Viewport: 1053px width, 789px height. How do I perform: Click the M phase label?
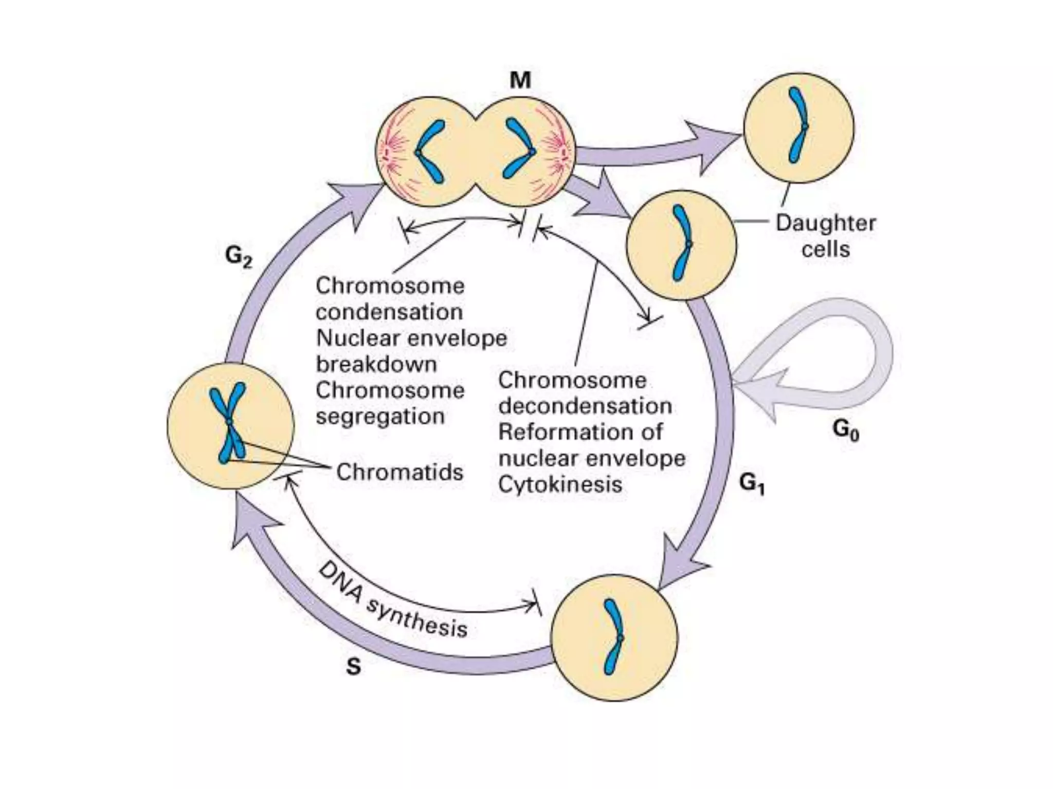click(x=520, y=81)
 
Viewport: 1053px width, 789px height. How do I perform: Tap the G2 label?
click(x=239, y=255)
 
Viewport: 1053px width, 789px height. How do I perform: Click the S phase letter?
click(x=353, y=667)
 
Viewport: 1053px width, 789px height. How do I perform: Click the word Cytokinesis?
click(x=560, y=484)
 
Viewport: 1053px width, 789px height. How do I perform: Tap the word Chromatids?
click(x=400, y=472)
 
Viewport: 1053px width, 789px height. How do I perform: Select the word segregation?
click(x=380, y=416)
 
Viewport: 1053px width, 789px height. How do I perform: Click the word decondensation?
click(x=585, y=406)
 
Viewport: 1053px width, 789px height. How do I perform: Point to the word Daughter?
click(x=826, y=223)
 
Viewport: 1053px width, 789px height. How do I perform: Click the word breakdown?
click(x=376, y=364)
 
